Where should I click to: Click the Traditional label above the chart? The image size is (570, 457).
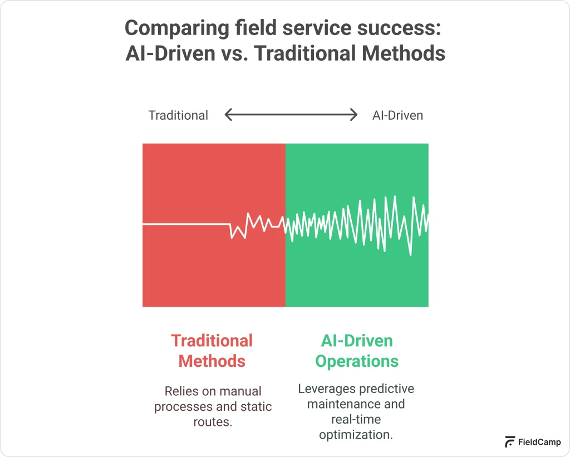click(x=178, y=116)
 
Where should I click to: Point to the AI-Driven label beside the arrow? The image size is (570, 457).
click(x=397, y=116)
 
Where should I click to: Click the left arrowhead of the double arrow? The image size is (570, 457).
click(x=228, y=115)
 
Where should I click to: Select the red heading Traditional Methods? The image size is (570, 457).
click(x=212, y=351)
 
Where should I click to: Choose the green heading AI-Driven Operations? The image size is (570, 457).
click(x=357, y=351)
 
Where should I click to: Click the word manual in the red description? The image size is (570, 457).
click(x=240, y=391)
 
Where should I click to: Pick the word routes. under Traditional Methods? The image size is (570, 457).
click(x=213, y=422)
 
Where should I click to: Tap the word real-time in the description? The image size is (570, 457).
click(x=356, y=419)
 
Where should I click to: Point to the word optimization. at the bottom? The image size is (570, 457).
click(x=356, y=435)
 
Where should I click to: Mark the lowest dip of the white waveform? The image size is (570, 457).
click(x=411, y=254)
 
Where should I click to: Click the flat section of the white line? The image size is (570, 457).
click(x=186, y=224)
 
